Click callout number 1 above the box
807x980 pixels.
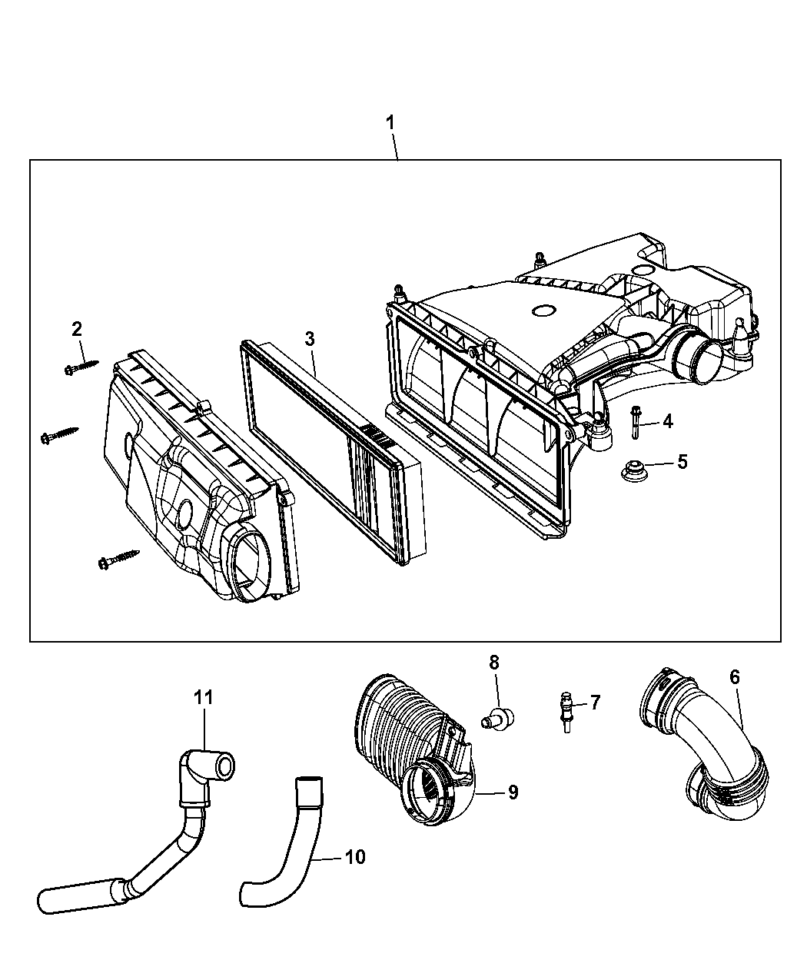pyautogui.click(x=390, y=123)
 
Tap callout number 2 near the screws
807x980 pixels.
pyautogui.click(x=77, y=329)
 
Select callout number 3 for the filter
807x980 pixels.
pyautogui.click(x=310, y=339)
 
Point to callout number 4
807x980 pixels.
pyautogui.click(x=667, y=421)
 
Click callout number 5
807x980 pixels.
pyautogui.click(x=682, y=462)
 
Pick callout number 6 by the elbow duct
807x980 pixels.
pyautogui.click(x=735, y=677)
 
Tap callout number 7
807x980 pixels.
pyautogui.click(x=595, y=703)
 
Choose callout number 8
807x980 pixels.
pyautogui.click(x=494, y=663)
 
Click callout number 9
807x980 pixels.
pyautogui.click(x=513, y=792)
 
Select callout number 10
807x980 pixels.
pyautogui.click(x=355, y=857)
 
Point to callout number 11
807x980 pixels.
pyautogui.click(x=203, y=697)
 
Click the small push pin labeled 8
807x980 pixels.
pyautogui.click(x=497, y=719)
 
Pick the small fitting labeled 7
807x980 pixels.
pyautogui.click(x=567, y=712)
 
